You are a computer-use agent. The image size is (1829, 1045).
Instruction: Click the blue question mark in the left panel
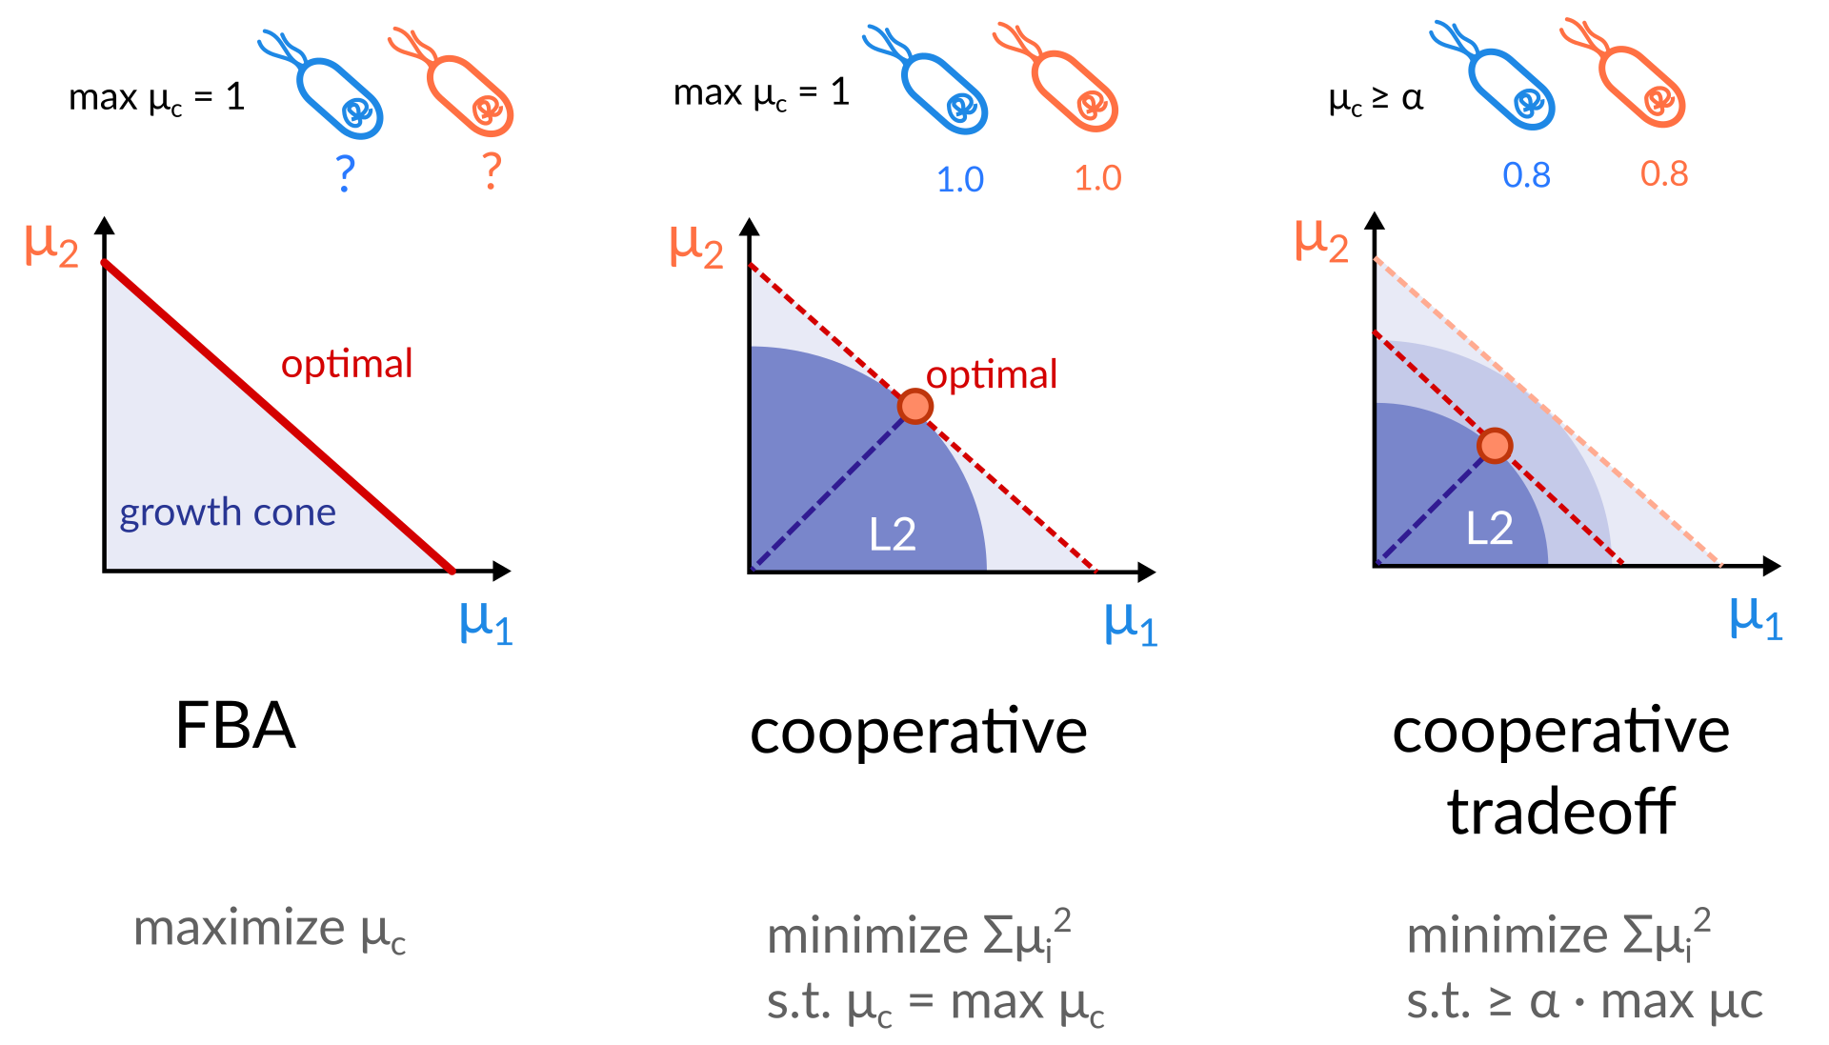[346, 173]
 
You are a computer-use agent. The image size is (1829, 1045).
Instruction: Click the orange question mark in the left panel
[492, 171]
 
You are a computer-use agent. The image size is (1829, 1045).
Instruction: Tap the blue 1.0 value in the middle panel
[960, 180]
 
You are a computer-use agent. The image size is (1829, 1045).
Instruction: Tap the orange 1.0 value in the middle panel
[1097, 178]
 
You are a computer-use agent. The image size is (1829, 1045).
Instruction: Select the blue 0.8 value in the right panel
[1526, 175]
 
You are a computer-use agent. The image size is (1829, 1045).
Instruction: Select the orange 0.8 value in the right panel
[1663, 174]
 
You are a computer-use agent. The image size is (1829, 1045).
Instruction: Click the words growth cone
[228, 512]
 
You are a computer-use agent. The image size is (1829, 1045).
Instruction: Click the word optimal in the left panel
[347, 364]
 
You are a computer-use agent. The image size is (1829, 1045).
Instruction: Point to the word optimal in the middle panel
[992, 375]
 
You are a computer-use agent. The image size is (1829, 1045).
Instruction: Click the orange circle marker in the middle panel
[915, 407]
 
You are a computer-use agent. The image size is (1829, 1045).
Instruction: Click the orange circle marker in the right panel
[1495, 445]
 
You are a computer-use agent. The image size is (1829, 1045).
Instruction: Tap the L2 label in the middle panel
[893, 534]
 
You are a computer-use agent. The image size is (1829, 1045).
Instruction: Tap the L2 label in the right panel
[1489, 528]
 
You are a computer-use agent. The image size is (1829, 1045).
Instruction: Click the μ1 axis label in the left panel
[486, 623]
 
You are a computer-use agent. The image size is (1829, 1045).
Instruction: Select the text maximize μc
[271, 930]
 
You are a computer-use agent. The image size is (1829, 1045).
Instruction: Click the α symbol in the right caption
[1544, 1002]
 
